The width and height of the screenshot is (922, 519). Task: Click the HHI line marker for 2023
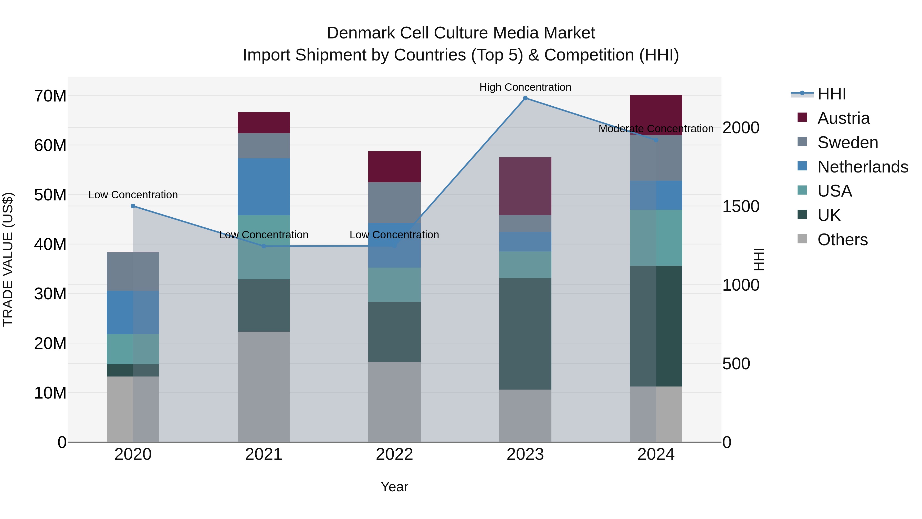pyautogui.click(x=525, y=98)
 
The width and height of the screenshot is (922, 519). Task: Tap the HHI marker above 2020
pyautogui.click(x=133, y=206)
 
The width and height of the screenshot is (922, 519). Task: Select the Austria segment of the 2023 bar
pyautogui.click(x=525, y=186)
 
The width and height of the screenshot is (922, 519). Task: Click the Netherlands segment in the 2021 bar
pyautogui.click(x=264, y=187)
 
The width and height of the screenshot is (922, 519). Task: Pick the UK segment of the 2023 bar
pyautogui.click(x=525, y=333)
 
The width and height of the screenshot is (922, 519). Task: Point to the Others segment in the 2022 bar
pyautogui.click(x=394, y=402)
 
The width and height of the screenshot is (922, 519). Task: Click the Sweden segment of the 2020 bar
pyautogui.click(x=133, y=271)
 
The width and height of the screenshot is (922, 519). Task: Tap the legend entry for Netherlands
pyautogui.click(x=863, y=167)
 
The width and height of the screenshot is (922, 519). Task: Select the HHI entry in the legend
pyautogui.click(x=831, y=94)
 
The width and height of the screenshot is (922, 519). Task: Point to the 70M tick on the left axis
pyautogui.click(x=50, y=96)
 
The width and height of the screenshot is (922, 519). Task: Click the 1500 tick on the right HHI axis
pyautogui.click(x=740, y=206)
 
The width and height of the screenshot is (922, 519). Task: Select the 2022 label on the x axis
pyautogui.click(x=394, y=454)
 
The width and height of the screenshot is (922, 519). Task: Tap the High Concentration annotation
pyautogui.click(x=525, y=87)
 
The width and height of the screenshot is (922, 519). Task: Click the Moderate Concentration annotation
pyautogui.click(x=656, y=129)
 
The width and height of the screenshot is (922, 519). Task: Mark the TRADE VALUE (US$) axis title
pyautogui.click(x=8, y=259)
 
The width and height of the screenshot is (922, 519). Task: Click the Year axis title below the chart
pyautogui.click(x=394, y=487)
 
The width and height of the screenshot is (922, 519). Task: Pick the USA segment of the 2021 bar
pyautogui.click(x=264, y=247)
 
